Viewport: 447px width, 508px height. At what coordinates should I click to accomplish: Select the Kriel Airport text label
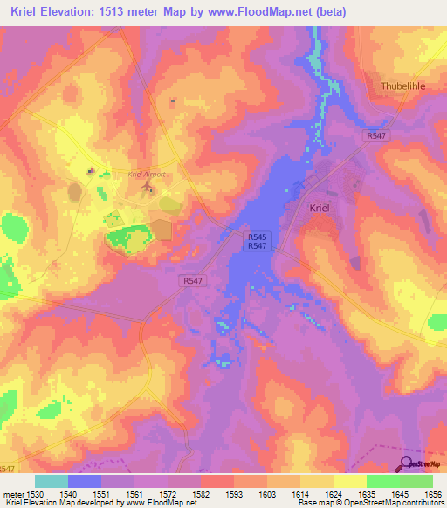click(x=146, y=175)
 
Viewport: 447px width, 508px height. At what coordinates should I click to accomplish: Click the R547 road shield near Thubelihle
click(x=375, y=137)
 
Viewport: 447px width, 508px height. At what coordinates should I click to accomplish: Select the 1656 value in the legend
click(x=432, y=494)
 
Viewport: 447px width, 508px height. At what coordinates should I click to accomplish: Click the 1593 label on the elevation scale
click(x=233, y=494)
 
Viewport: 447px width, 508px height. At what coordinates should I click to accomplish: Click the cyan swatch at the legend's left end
click(x=51, y=481)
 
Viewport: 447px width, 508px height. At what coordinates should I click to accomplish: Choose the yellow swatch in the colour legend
click(x=349, y=481)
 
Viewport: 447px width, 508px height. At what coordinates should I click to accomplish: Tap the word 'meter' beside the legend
click(x=10, y=494)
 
